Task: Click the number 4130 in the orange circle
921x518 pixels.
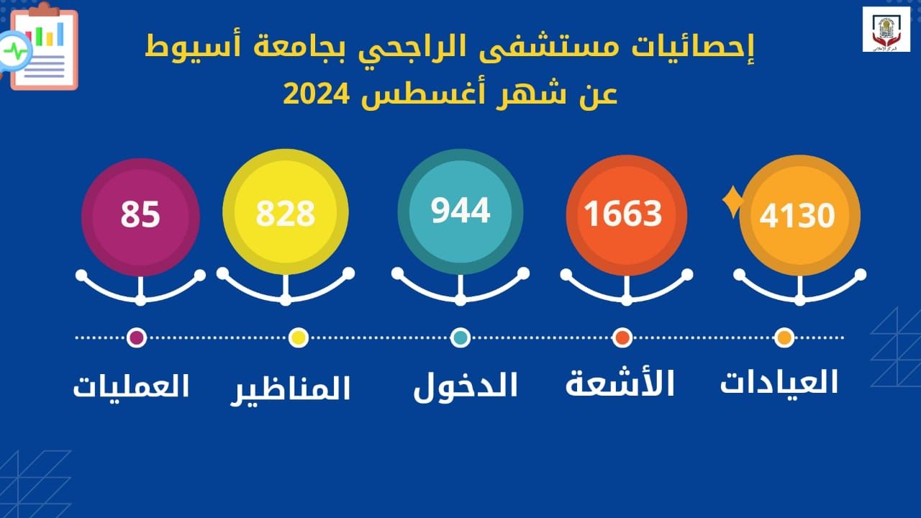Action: point(797,215)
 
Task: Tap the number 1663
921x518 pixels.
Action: point(623,214)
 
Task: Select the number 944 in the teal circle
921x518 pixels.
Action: point(460,211)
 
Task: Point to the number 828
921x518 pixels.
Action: point(286,214)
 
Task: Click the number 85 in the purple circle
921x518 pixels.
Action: point(140,214)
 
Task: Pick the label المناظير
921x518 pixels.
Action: point(290,390)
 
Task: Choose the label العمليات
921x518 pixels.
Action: point(131,386)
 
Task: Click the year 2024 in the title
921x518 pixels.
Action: point(316,94)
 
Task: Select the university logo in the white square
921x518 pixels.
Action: point(886,29)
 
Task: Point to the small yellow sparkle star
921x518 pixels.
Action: point(733,201)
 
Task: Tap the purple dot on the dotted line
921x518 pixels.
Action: point(137,337)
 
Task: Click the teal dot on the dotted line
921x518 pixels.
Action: point(460,337)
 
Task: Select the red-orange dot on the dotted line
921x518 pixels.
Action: point(622,337)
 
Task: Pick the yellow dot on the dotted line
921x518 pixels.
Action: point(299,337)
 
